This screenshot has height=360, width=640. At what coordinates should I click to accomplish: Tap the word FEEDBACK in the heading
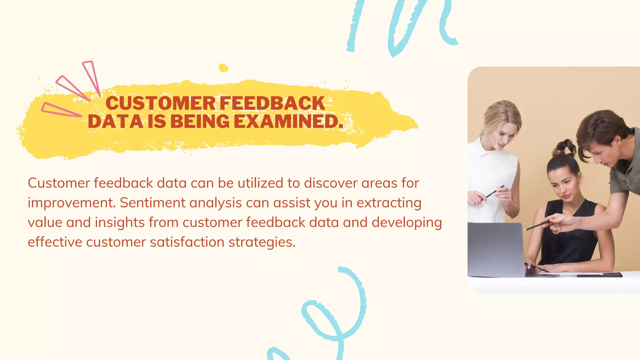tap(272, 103)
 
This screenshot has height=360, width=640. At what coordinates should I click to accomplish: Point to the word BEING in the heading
tap(200, 122)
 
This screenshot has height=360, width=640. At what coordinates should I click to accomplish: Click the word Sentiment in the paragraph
tap(152, 203)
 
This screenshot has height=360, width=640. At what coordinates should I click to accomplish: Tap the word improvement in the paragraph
tap(71, 203)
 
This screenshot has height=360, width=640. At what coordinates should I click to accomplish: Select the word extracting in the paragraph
tap(389, 203)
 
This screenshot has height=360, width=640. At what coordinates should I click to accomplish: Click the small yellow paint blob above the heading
tap(223, 68)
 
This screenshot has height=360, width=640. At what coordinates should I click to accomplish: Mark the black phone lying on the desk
tap(599, 275)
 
